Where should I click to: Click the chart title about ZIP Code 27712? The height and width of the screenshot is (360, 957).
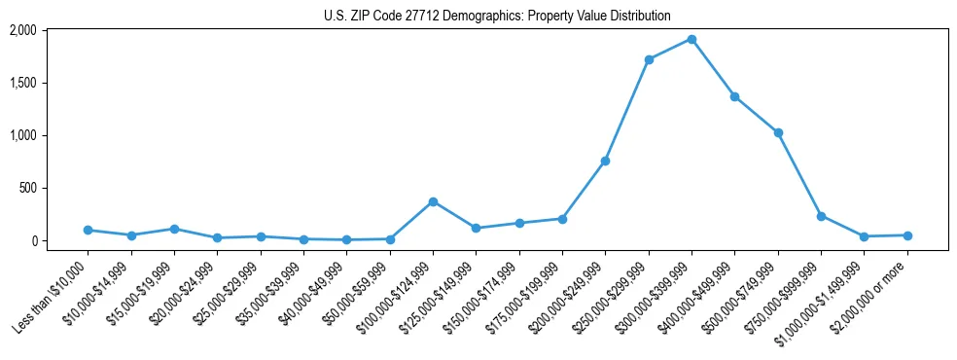click(497, 16)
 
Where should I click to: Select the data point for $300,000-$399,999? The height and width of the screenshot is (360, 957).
click(691, 39)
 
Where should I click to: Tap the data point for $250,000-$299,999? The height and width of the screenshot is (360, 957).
click(649, 59)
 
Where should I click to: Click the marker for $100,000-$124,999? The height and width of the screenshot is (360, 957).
click(433, 201)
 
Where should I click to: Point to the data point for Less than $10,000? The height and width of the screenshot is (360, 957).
click(88, 230)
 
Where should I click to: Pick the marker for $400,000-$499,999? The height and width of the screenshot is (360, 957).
click(734, 96)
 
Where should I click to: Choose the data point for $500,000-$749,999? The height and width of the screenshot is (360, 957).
click(778, 132)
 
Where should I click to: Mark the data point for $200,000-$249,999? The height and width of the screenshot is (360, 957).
click(605, 161)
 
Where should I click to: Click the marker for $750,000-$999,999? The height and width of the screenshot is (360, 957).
click(821, 216)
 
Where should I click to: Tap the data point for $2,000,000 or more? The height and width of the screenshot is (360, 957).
click(907, 235)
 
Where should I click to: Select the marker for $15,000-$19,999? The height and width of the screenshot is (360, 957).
click(174, 229)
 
